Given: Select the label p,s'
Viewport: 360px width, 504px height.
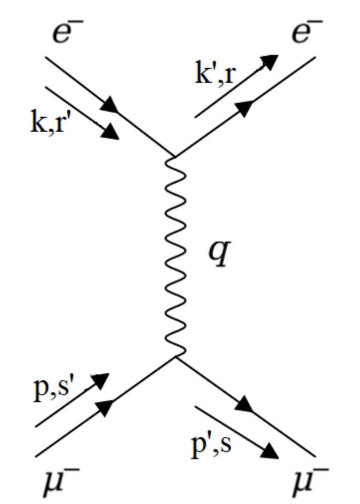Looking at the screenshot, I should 55,389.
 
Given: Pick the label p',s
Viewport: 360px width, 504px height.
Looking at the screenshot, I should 211,444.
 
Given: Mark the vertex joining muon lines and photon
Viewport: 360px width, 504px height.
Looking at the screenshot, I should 175,356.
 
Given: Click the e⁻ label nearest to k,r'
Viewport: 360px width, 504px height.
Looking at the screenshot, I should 68,32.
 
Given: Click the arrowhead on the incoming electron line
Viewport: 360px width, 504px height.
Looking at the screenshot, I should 111,105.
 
